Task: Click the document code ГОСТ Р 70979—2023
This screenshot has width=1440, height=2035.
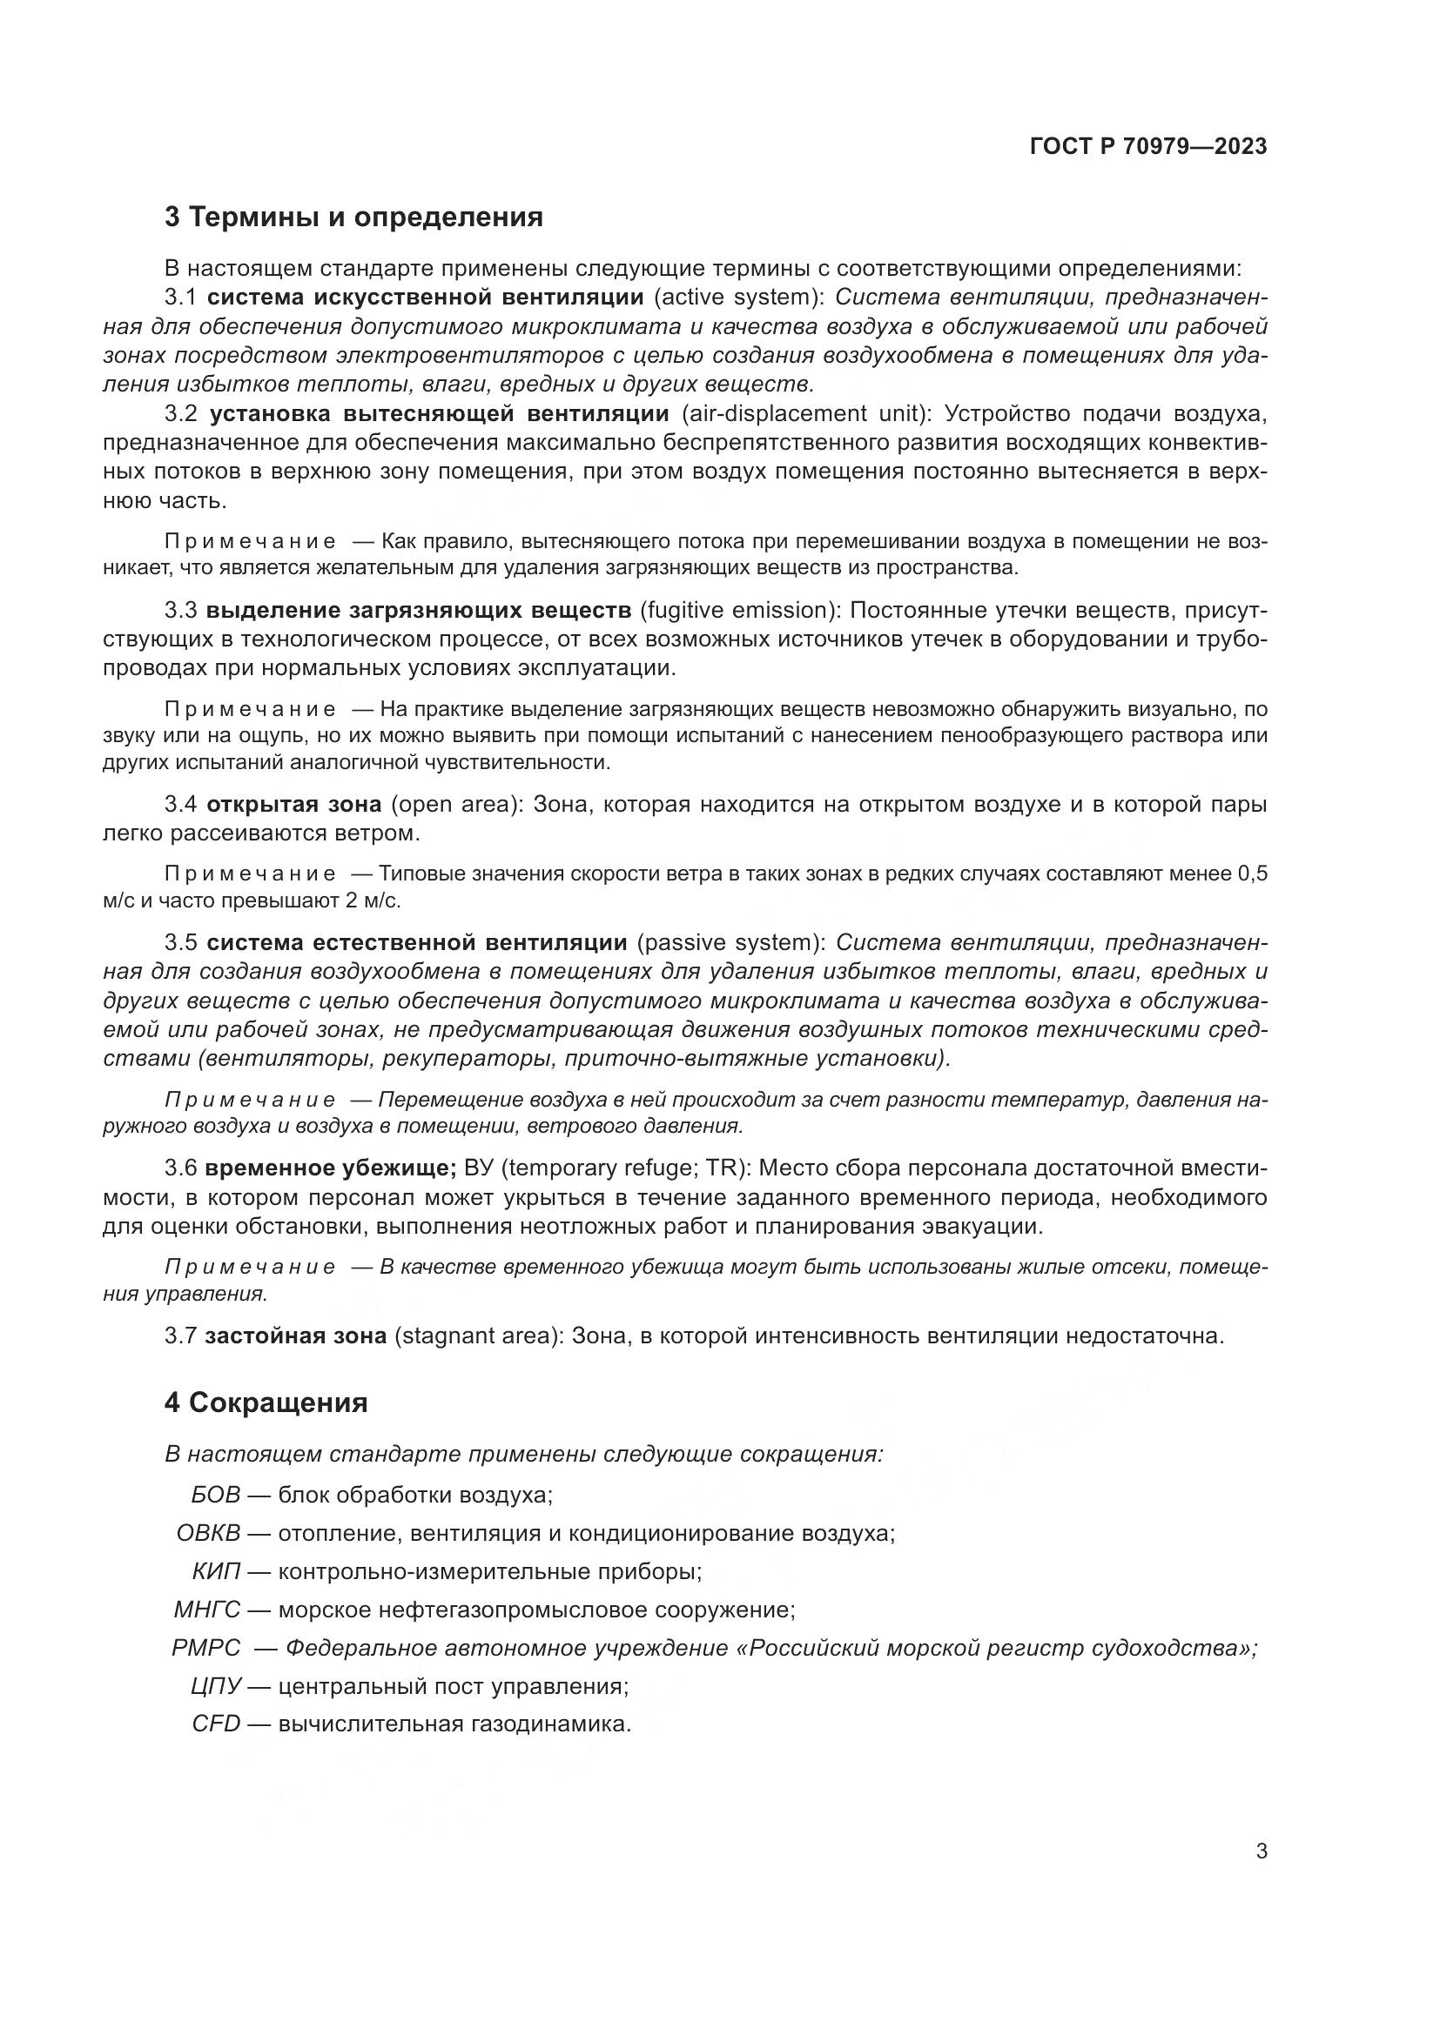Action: click(1148, 146)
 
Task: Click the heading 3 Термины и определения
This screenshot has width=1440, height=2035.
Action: click(353, 217)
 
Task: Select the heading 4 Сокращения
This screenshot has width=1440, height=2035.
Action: click(266, 1402)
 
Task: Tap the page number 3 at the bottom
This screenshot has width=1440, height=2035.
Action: click(1261, 1851)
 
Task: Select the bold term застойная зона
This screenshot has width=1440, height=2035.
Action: click(295, 1335)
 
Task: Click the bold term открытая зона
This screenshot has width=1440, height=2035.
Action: click(293, 804)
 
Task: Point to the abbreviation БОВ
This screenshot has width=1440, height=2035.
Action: click(215, 1495)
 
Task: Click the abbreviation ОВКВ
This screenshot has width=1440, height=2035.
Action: click(208, 1532)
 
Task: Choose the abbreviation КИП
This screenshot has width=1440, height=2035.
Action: click(217, 1571)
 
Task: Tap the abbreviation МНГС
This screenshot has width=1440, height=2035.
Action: click(206, 1610)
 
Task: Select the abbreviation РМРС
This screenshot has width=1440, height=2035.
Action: click(205, 1648)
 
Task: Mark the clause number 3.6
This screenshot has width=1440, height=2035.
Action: click(180, 1168)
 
